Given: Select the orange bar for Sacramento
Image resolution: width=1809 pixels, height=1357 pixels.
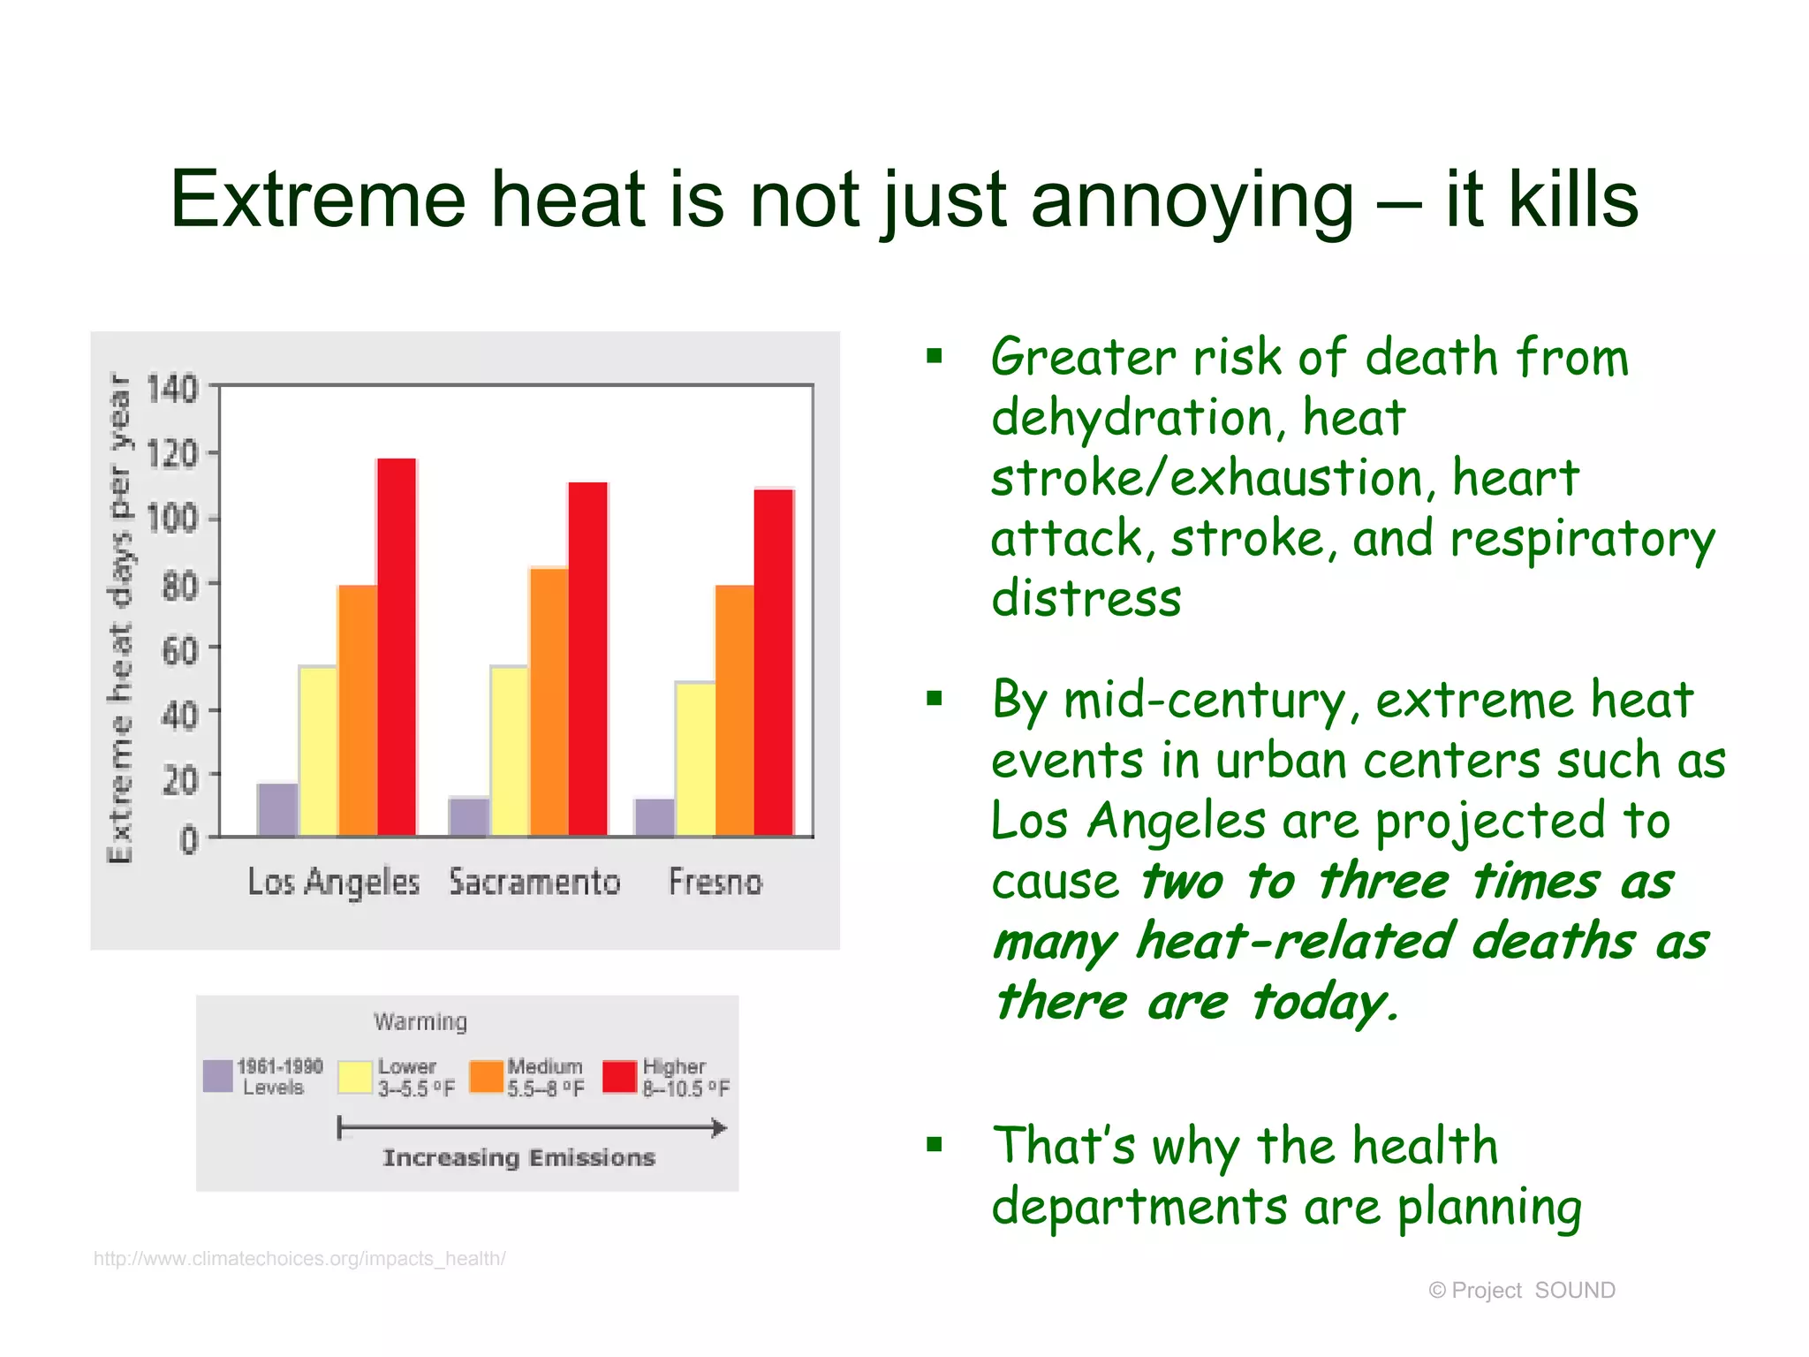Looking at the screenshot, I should tap(549, 701).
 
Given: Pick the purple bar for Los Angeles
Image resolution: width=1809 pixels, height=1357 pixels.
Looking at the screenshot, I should tap(277, 809).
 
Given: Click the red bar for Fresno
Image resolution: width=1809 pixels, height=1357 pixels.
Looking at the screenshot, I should tap(774, 662).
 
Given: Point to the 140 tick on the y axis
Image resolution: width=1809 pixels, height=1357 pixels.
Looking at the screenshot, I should tap(172, 389).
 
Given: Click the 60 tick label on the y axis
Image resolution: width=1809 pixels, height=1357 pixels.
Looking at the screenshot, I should tap(179, 651).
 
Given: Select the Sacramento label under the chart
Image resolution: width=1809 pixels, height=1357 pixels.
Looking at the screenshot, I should tap(534, 883).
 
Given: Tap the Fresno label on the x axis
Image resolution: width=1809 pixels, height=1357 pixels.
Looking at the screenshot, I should tap(715, 883).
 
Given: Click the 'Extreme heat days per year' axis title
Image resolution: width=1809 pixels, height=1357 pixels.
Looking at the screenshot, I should tap(120, 618).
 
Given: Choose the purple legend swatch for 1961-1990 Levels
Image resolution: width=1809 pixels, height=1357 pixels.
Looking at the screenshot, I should tap(218, 1076).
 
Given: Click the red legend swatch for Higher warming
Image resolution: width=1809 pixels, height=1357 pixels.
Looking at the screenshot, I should tap(619, 1077).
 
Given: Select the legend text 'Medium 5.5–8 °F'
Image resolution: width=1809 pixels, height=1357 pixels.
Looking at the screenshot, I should tap(545, 1078).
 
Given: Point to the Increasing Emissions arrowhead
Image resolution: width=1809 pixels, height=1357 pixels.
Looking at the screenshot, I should tap(720, 1128).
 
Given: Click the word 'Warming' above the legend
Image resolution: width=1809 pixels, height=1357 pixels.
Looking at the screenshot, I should tap(420, 1022).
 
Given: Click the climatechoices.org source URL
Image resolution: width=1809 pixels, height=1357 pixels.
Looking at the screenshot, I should tap(299, 1258).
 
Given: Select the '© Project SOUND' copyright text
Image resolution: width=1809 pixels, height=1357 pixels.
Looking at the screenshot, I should tap(1521, 1291).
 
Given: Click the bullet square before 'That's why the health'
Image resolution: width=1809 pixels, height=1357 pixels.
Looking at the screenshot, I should tap(935, 1146).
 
